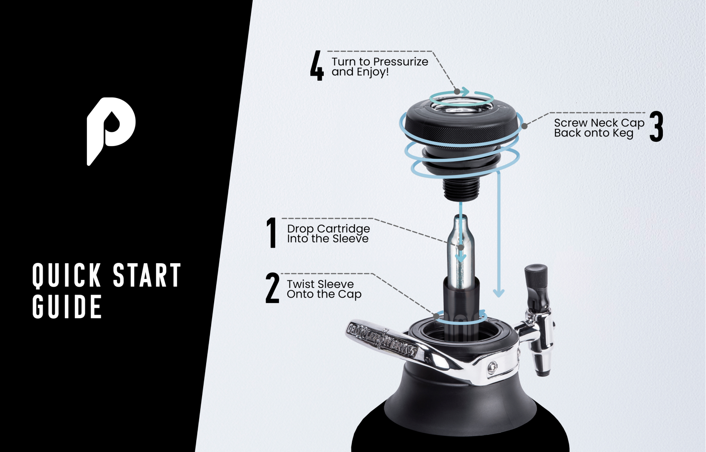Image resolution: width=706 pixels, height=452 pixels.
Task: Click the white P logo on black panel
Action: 111,128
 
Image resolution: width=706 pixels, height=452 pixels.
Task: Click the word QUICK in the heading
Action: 67,275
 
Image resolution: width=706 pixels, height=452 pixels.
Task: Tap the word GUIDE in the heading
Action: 67,307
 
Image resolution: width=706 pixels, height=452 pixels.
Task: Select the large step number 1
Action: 272,233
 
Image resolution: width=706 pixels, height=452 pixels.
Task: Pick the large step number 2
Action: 272,288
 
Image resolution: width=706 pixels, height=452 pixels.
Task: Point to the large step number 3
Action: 656,126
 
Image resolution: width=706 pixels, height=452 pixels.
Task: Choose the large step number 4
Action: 317,66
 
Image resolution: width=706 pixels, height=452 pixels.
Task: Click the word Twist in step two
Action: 300,284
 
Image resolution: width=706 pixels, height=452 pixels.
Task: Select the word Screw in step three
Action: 570,123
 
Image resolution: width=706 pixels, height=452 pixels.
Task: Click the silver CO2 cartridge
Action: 460,251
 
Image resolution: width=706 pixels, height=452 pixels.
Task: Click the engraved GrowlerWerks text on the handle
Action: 381,338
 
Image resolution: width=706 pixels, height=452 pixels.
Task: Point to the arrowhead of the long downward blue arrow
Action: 498,293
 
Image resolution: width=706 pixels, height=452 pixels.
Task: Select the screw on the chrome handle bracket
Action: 493,367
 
